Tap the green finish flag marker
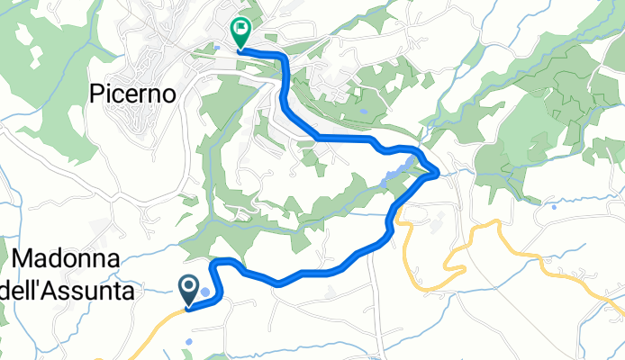[x=240, y=32]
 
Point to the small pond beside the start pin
[x=205, y=292]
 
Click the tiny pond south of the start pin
[x=191, y=342]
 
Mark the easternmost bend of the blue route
[x=437, y=171]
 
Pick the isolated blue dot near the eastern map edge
[x=554, y=206]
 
